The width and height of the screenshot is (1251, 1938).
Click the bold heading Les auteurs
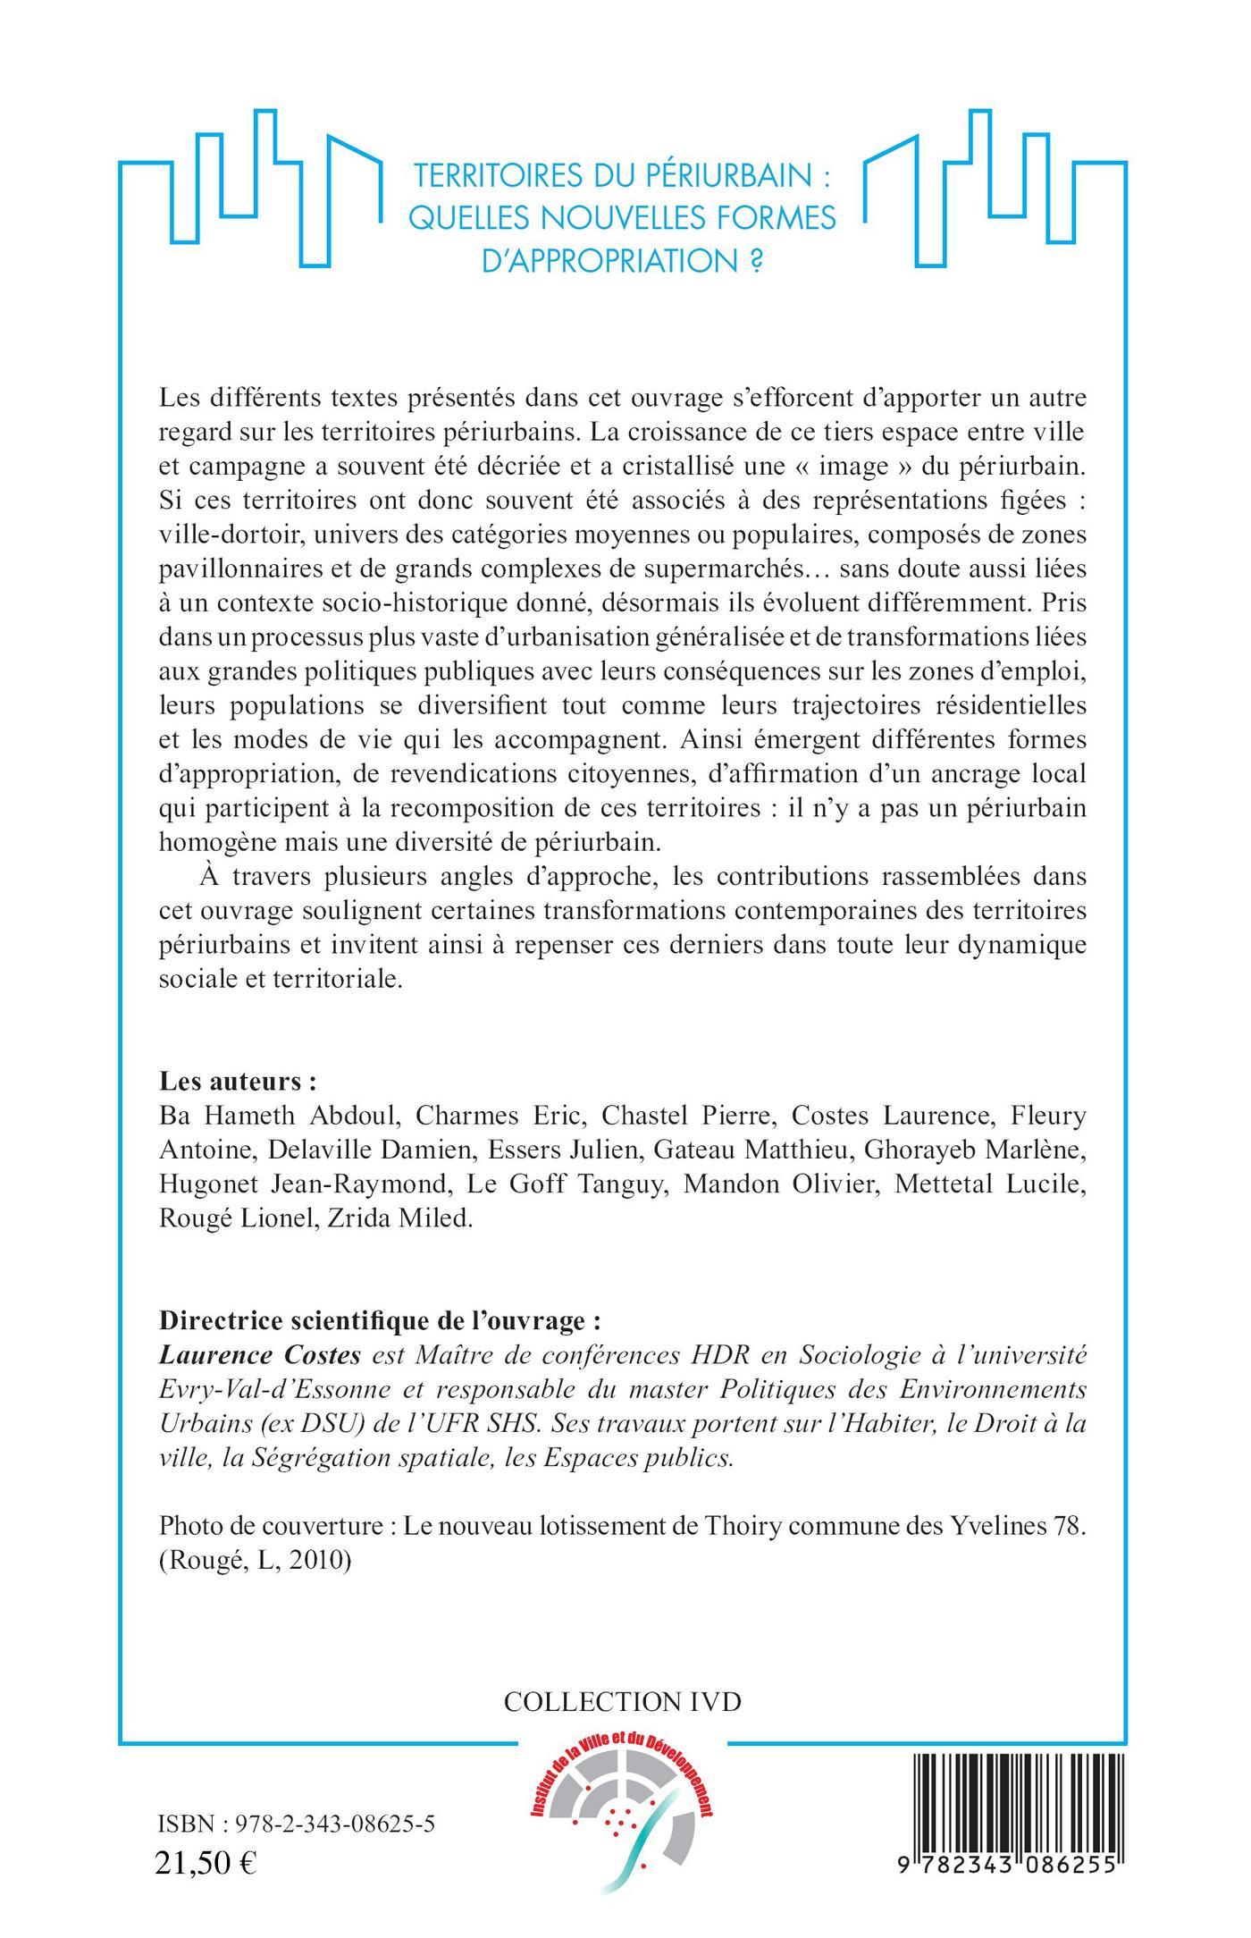238,1082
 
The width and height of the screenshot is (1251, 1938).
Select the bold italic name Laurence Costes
259,1355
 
